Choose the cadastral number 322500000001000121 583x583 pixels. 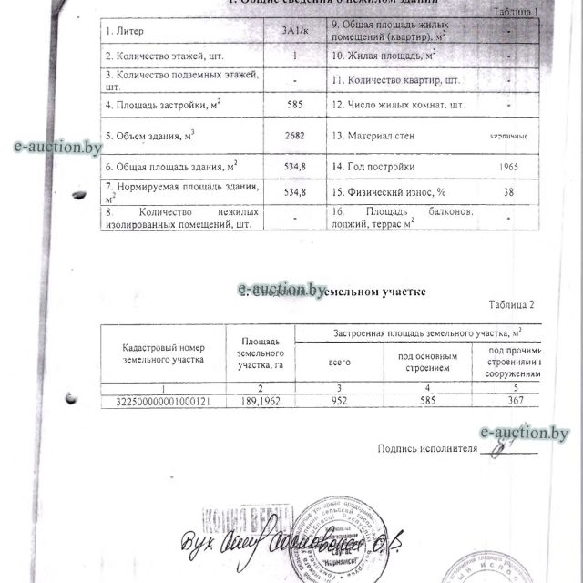(167, 400)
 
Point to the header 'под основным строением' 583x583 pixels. (426, 362)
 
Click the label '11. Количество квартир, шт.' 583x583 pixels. (394, 79)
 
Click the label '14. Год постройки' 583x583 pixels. (373, 167)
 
